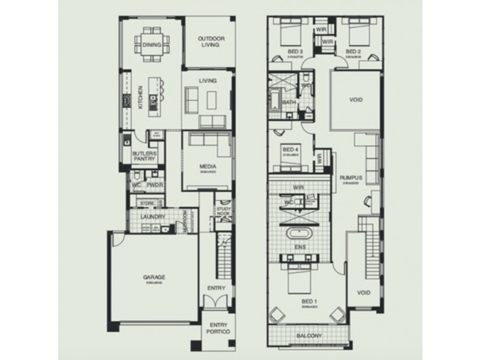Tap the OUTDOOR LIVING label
pos(211,42)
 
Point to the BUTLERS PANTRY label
pos(144,156)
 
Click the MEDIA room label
pos(209,167)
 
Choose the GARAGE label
pos(154,277)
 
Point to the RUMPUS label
pos(350,177)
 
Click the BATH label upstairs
pos(289,103)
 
